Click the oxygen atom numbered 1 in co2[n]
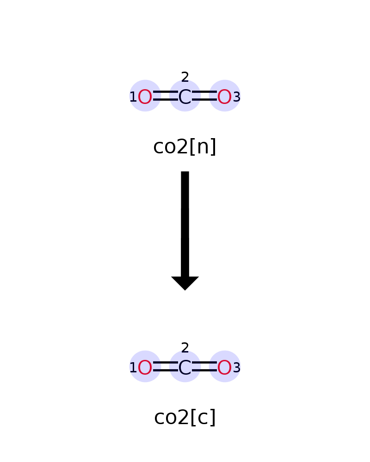click(145, 97)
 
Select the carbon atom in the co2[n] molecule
click(185, 97)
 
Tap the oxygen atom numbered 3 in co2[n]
click(224, 97)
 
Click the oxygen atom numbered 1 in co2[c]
click(145, 367)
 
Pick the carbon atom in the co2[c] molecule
click(185, 367)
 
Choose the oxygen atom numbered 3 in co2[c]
click(224, 367)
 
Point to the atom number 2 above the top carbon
click(185, 77)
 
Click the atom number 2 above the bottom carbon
click(185, 348)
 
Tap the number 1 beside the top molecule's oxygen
click(133, 97)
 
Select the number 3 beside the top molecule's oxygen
click(237, 97)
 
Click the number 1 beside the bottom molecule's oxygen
click(133, 367)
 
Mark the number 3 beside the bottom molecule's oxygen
click(237, 367)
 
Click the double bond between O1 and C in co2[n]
click(165, 96)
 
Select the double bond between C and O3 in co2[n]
click(204, 96)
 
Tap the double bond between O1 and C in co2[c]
click(165, 366)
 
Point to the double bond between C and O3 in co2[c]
click(204, 366)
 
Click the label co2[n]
click(185, 146)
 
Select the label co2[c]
click(185, 417)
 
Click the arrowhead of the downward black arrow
click(185, 283)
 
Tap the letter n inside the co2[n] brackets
click(203, 147)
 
